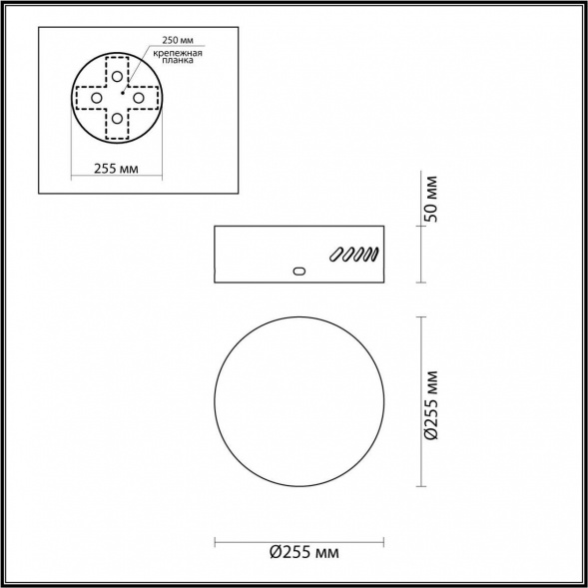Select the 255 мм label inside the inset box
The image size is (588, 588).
point(116,170)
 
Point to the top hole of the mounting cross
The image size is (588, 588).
point(118,76)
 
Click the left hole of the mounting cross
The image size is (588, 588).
point(95,99)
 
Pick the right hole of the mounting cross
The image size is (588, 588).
point(141,99)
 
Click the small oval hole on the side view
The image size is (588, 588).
point(297,270)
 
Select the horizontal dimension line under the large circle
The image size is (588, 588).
point(300,541)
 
